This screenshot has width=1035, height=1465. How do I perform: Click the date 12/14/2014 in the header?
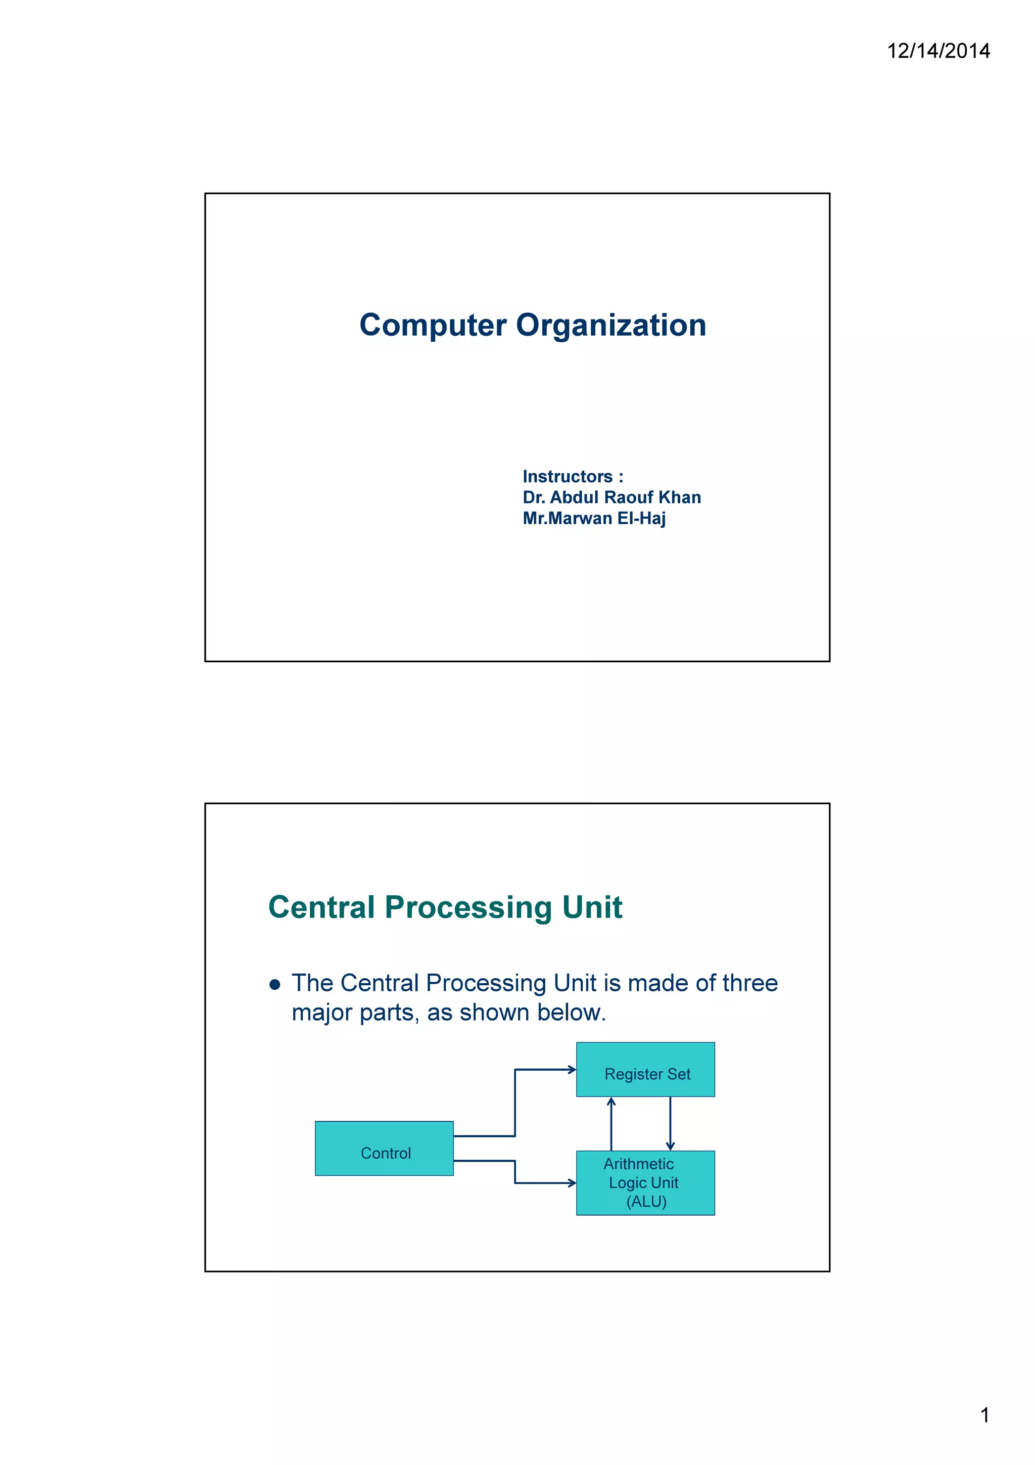938,51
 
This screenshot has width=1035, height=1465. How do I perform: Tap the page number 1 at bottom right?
984,1415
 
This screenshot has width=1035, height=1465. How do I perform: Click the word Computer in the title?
433,326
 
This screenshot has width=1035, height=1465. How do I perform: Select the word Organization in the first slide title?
610,326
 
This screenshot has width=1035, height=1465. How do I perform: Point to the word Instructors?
568,477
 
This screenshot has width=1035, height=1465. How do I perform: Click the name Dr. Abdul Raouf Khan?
611,498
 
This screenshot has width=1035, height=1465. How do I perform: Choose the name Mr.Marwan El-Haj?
594,518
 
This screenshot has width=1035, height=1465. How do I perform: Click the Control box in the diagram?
385,1149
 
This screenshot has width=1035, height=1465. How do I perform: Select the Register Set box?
645,1069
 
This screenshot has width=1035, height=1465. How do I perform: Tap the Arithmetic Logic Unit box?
645,1182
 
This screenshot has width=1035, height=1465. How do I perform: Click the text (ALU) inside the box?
646,1202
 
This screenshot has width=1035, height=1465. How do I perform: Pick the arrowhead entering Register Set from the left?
572,1069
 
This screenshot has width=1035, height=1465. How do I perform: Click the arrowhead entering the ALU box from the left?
572,1183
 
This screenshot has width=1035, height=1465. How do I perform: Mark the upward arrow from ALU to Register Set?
611,1123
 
